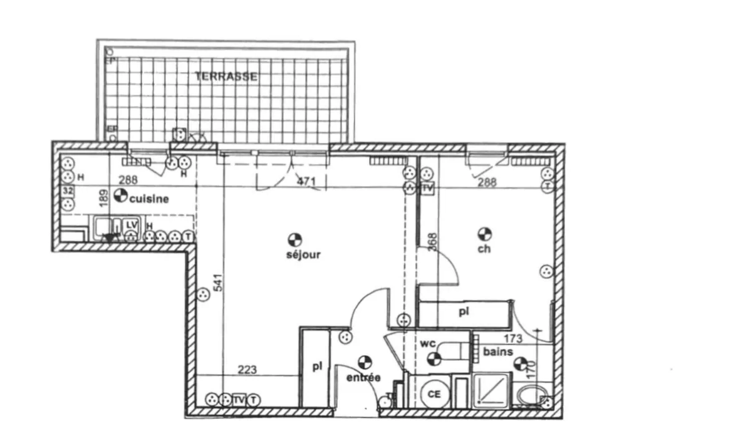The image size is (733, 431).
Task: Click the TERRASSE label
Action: pos(226,77)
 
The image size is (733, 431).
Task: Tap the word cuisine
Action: pos(149,199)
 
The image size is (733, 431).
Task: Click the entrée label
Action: pos(363,378)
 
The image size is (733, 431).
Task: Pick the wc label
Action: pos(429,343)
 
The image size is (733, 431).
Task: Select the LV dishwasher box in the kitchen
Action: pos(131,224)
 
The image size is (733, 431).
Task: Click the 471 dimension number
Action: pos(305,182)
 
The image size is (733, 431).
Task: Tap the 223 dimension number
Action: pos(247,370)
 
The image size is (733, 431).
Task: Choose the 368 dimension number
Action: pos(432,242)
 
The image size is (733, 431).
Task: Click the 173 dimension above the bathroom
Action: pos(513,339)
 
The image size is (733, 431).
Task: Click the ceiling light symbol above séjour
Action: pos(294,239)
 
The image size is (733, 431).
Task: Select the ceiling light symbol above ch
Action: pos(484,234)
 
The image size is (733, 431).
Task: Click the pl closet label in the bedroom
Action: pos(464,311)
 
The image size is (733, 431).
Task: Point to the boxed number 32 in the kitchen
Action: pos(68,190)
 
